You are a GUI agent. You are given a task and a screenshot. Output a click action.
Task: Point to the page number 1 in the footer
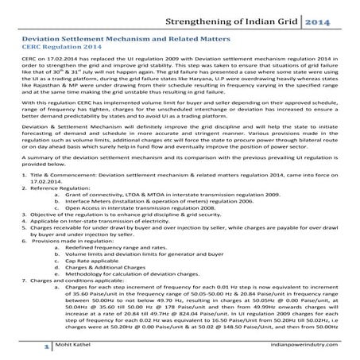pos(25,347)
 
